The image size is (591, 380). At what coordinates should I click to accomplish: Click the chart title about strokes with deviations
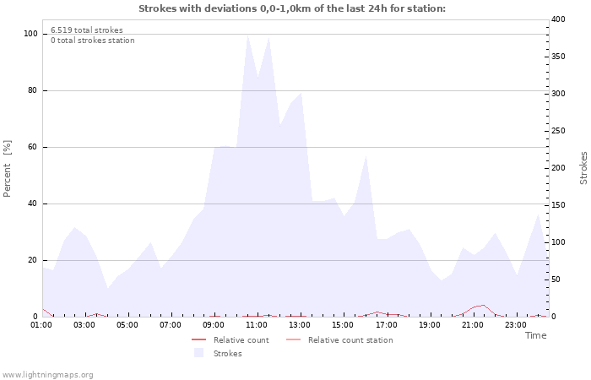point(291,9)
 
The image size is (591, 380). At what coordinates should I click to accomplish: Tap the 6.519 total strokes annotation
point(86,30)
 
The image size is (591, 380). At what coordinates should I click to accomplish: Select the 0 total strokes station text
point(92,41)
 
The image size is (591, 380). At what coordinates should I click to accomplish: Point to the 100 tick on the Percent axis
point(30,34)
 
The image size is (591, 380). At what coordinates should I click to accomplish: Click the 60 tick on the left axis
point(32,147)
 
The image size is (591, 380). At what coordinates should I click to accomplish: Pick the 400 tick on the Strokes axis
point(558,19)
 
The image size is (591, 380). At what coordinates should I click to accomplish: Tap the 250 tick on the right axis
point(558,131)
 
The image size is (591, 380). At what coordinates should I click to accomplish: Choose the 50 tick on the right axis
point(556,280)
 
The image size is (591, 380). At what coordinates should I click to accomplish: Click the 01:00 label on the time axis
point(41,324)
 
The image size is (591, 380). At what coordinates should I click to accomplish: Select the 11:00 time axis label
point(257,324)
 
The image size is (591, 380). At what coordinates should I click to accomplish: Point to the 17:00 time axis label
point(386,324)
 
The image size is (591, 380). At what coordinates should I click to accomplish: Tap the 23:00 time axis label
point(515,324)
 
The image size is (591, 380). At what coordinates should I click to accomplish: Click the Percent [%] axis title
point(8,168)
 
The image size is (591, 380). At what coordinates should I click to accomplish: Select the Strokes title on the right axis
point(583,168)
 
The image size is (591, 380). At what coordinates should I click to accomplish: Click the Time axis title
point(535,335)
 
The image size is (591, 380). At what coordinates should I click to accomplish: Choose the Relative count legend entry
point(241,340)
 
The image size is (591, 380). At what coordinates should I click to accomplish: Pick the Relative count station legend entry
point(350,340)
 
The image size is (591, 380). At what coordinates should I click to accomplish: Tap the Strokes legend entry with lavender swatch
point(227,354)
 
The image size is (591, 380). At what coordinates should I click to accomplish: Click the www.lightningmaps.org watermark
point(48,374)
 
